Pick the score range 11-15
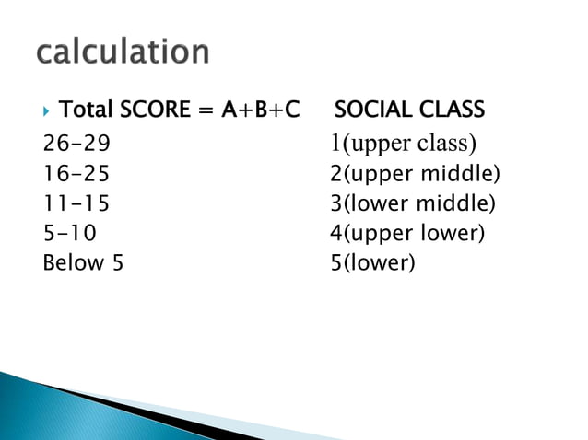pos(76,203)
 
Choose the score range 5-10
pos(69,233)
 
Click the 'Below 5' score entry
pos(83,262)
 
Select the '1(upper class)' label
pos(403,145)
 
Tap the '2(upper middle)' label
pos(414,174)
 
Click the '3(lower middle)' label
pos(412,203)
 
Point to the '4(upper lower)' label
pos(406,233)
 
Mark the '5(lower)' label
pos(372,263)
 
